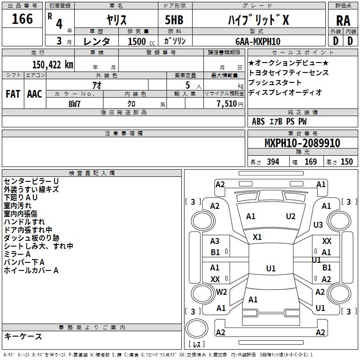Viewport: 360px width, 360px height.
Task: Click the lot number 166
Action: tap(22, 19)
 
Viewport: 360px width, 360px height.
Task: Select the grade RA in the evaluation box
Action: tap(343, 21)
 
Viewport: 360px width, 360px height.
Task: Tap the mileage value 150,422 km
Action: tap(53, 64)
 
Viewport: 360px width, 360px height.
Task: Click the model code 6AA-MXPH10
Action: tap(258, 41)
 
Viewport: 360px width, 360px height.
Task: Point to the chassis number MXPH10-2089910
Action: tap(302, 143)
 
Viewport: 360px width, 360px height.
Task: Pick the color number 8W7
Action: tap(74, 104)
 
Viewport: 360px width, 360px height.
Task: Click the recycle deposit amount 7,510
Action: tap(227, 104)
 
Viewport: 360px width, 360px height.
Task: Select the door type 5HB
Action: tap(174, 20)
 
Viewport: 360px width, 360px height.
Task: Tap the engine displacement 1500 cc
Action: tap(141, 41)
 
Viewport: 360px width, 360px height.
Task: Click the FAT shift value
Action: tap(13, 94)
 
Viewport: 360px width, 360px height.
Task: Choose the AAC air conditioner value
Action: tap(35, 94)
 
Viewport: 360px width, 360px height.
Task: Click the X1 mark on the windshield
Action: tap(257, 237)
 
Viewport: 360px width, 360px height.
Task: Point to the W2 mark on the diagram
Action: tap(221, 292)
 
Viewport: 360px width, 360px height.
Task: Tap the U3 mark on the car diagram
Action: tap(318, 225)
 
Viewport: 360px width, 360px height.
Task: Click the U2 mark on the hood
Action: tap(291, 216)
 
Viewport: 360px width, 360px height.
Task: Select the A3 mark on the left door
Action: tap(215, 241)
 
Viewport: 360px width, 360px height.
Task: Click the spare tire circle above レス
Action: tap(197, 328)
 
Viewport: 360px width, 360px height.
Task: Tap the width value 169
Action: tap(310, 162)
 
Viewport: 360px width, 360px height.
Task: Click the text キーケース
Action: tap(23, 336)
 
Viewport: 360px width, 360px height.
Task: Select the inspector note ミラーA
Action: tap(17, 254)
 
